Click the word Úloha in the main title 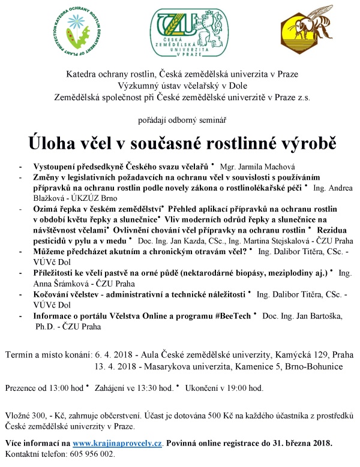pos(56,144)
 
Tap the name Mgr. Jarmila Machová pos(254,164)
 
